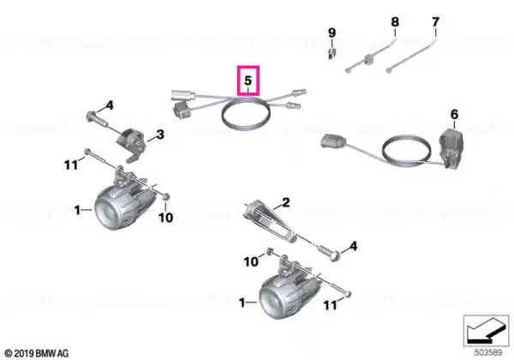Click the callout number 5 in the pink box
(x=248, y=80)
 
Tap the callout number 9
(x=332, y=33)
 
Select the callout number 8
(x=395, y=22)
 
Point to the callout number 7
(x=435, y=22)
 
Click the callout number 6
(x=454, y=114)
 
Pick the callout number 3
(x=160, y=135)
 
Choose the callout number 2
(x=286, y=202)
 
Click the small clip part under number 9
(x=332, y=52)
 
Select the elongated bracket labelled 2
(x=272, y=221)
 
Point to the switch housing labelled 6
(x=451, y=148)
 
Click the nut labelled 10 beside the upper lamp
(x=166, y=197)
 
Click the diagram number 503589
(x=488, y=352)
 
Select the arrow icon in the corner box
(x=486, y=332)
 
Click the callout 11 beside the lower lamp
(x=331, y=305)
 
